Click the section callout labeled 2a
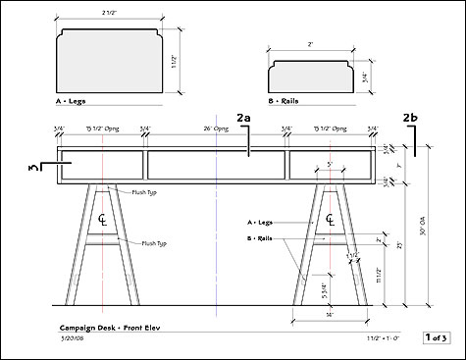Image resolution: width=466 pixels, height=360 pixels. (245, 119)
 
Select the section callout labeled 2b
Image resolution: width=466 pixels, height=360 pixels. (412, 119)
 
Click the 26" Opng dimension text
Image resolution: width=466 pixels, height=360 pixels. (216, 129)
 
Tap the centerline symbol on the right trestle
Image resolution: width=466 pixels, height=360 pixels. (325, 219)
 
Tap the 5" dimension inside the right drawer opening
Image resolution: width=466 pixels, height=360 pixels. (330, 164)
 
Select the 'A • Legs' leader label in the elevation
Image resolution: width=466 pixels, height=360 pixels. (261, 224)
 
